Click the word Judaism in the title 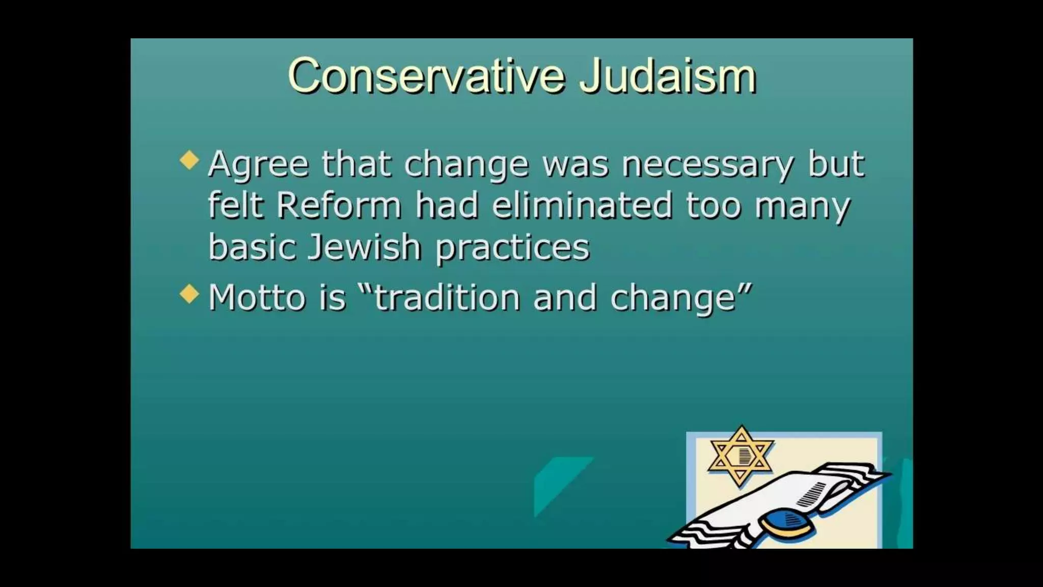pos(668,76)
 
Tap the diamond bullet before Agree pos(189,159)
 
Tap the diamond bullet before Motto pos(189,293)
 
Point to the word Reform pos(339,205)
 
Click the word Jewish pos(365,247)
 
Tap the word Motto pos(257,298)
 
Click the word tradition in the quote pos(447,298)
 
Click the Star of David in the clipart pos(741,456)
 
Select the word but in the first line pos(836,164)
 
